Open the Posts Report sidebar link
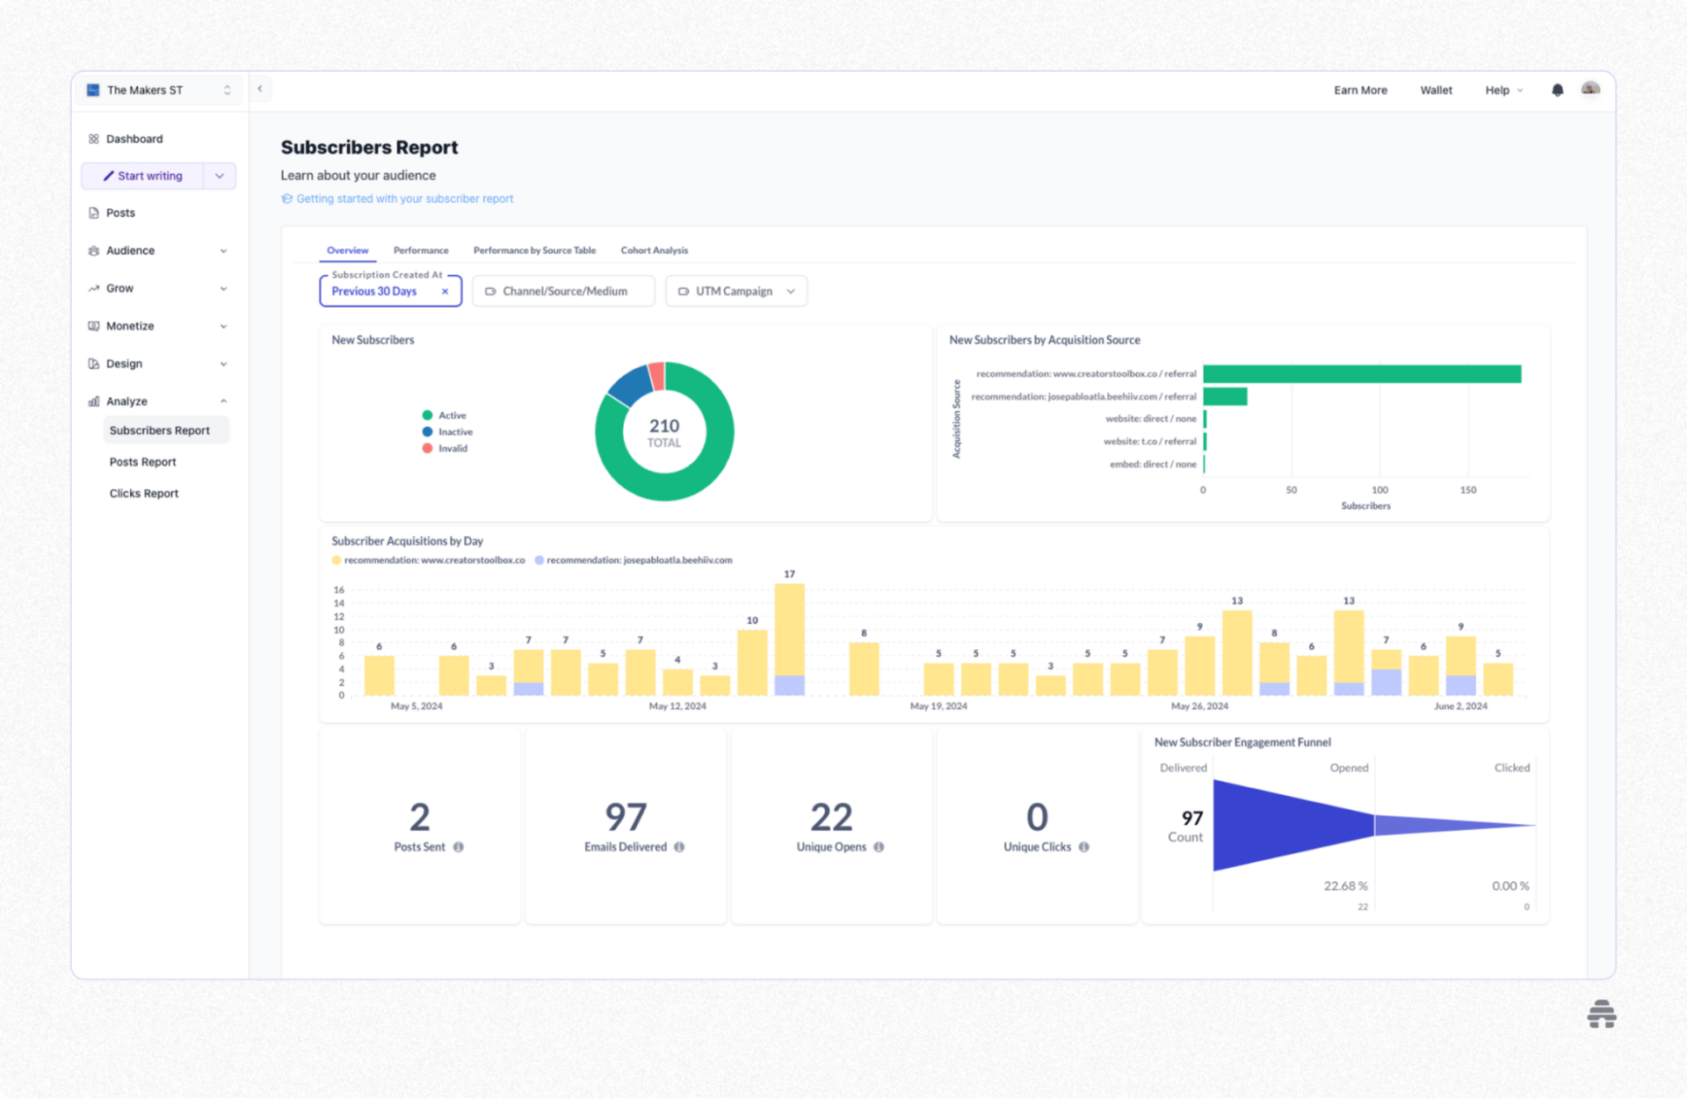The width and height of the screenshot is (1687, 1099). pos(142,462)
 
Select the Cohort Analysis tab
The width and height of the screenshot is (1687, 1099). pos(654,250)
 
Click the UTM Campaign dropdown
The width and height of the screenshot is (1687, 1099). pos(736,291)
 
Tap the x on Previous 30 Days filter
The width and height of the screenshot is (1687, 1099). pos(445,292)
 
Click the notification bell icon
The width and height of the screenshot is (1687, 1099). pos(1557,90)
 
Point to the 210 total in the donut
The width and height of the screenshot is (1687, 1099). pos(664,426)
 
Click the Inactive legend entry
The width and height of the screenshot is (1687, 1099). pos(454,432)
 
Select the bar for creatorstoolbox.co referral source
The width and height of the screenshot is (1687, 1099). pos(1361,374)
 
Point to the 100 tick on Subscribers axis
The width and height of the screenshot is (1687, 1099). pos(1379,490)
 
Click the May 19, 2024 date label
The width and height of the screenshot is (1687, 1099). pos(938,706)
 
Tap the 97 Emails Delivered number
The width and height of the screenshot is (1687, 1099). pos(626,817)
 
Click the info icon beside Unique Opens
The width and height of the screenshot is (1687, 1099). pos(879,847)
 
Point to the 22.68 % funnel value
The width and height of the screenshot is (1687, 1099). pos(1345,886)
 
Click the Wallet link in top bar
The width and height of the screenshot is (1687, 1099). pos(1436,90)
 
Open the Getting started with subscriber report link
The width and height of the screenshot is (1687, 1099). pos(404,199)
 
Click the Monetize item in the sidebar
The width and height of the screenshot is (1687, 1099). pos(130,326)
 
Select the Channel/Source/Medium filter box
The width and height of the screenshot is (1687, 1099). pos(563,291)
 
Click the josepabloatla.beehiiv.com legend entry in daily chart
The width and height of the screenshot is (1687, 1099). pos(638,560)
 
